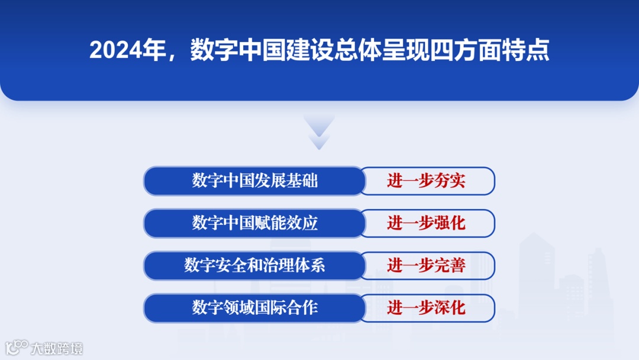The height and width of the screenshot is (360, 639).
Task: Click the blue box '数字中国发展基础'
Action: tap(254, 181)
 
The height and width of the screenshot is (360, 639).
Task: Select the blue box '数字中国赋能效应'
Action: tap(254, 223)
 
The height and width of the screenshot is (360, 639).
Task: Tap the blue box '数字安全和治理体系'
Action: tap(254, 265)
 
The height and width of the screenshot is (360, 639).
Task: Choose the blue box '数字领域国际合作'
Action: tap(254, 308)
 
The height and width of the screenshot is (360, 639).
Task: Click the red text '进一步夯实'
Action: tap(426, 181)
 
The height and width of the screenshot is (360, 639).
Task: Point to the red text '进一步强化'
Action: tap(426, 223)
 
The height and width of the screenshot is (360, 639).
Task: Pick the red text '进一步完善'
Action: tap(426, 265)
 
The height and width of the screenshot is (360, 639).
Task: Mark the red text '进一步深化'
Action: tap(426, 308)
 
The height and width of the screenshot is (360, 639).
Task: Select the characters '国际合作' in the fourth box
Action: tap(286, 308)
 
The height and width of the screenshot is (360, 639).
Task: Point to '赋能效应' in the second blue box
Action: tap(286, 223)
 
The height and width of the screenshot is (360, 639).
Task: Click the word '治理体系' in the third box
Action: tap(294, 265)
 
